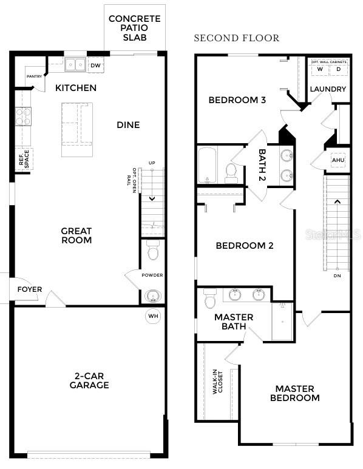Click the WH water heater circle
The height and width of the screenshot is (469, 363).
tap(152, 315)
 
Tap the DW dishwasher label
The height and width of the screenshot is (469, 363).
tap(95, 65)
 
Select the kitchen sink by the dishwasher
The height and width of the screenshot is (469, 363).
tap(75, 64)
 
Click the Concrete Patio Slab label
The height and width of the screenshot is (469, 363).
tap(134, 29)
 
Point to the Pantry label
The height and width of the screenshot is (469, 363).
tap(34, 76)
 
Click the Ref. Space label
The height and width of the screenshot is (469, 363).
tap(24, 160)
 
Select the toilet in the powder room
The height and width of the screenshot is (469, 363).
tap(153, 249)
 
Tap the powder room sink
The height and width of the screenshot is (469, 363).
tap(153, 295)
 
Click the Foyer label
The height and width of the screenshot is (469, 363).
tap(30, 289)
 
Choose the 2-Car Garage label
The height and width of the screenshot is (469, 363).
tap(89, 380)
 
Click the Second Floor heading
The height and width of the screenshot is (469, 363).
tap(236, 38)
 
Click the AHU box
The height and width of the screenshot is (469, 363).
tap(338, 160)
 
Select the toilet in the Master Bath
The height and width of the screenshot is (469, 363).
tap(211, 300)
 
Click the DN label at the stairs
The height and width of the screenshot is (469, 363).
tap(338, 275)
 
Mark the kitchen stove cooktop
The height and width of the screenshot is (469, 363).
tap(22, 116)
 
